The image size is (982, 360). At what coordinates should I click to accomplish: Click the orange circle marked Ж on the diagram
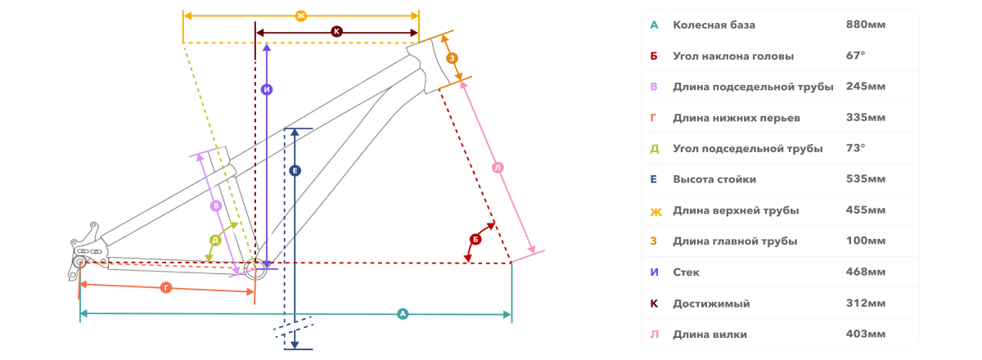(x=301, y=16)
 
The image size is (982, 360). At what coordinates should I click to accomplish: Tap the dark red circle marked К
(x=336, y=32)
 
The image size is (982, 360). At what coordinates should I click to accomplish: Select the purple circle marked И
(x=267, y=90)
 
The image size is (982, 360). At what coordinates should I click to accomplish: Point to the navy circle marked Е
(x=295, y=170)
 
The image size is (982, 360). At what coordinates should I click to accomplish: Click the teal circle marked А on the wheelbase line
(x=403, y=314)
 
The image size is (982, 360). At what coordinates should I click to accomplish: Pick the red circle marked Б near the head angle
(x=475, y=240)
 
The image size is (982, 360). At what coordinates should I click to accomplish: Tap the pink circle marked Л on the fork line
(x=498, y=168)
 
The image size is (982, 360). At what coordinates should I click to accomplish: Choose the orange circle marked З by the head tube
(x=452, y=58)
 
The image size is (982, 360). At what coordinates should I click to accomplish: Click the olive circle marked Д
(x=215, y=241)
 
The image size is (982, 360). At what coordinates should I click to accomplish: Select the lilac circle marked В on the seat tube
(x=216, y=205)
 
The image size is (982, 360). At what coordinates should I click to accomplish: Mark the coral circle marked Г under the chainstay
(x=166, y=288)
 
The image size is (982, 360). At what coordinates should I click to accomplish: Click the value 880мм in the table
(x=866, y=25)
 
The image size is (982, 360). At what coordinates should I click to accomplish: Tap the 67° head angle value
(x=855, y=56)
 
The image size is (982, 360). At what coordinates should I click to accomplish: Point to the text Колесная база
(x=714, y=25)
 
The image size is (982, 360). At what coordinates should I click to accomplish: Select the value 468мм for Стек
(x=866, y=272)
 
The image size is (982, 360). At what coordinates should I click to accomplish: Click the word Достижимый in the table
(x=711, y=304)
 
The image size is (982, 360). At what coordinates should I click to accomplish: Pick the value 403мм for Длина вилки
(x=866, y=334)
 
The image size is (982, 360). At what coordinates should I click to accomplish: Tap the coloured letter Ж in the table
(x=655, y=212)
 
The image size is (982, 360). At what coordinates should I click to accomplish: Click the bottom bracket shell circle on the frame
(x=255, y=268)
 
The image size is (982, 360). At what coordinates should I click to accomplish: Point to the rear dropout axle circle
(x=80, y=262)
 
